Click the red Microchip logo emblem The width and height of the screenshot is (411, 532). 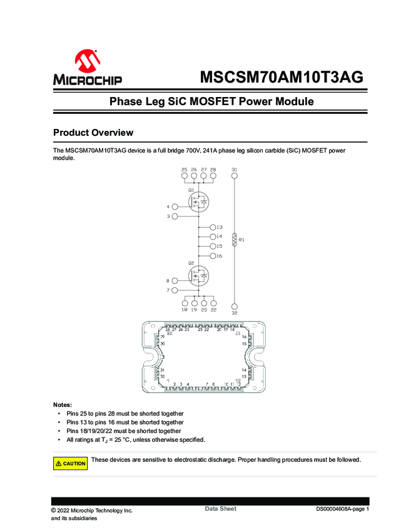pyautogui.click(x=88, y=61)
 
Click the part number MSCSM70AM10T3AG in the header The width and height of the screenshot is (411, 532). pyautogui.click(x=281, y=77)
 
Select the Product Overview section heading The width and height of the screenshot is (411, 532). pyautogui.click(x=93, y=133)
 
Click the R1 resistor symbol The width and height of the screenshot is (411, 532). pyautogui.click(x=235, y=240)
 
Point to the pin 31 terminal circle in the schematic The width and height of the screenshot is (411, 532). pyautogui.click(x=235, y=176)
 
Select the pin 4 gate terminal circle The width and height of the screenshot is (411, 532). pyautogui.click(x=175, y=207)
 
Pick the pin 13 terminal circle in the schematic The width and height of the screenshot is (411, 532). pyautogui.click(x=213, y=227)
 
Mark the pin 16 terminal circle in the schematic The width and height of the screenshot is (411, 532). pyautogui.click(x=213, y=256)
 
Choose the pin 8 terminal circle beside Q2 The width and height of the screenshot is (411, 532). pyautogui.click(x=175, y=280)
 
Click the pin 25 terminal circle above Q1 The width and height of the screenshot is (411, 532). pyautogui.click(x=185, y=176)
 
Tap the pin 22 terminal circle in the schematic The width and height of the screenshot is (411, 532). pyautogui.click(x=213, y=302)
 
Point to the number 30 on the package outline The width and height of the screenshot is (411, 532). pyautogui.click(x=163, y=344)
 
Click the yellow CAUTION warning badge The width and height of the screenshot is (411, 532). pyautogui.click(x=70, y=464)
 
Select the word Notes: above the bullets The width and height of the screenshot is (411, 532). pyautogui.click(x=63, y=404)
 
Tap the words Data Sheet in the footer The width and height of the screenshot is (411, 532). pyautogui.click(x=221, y=509)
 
